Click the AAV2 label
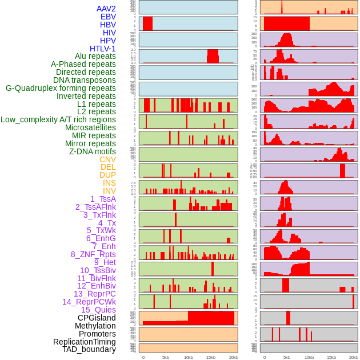point(106,9)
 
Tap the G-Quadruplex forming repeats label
point(61,88)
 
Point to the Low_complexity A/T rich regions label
point(58,119)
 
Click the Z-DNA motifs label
point(93,151)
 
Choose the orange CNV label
point(107,159)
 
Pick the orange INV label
point(109,191)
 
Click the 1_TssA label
point(103,199)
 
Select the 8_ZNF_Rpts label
point(93,254)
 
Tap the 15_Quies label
point(98,310)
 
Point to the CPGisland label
point(97,318)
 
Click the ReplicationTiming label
point(85,342)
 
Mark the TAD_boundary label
point(89,349)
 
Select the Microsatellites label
point(90,127)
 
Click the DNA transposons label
point(85,80)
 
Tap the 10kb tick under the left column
point(189,357)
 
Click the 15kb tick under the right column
point(331,357)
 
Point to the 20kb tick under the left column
point(234,357)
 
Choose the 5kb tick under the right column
point(287,357)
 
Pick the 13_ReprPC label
point(94,294)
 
